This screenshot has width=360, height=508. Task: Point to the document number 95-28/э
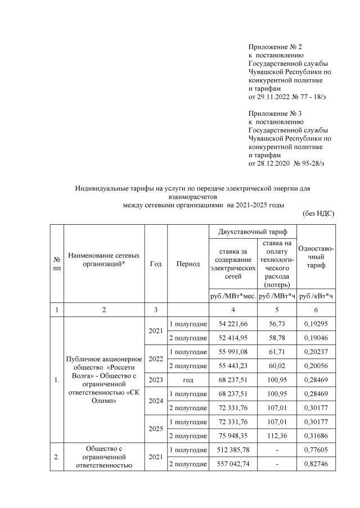pyautogui.click(x=309, y=163)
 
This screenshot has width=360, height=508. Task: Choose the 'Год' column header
pyautogui.click(x=156, y=264)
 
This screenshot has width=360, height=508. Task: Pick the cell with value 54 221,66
pyautogui.click(x=232, y=324)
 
